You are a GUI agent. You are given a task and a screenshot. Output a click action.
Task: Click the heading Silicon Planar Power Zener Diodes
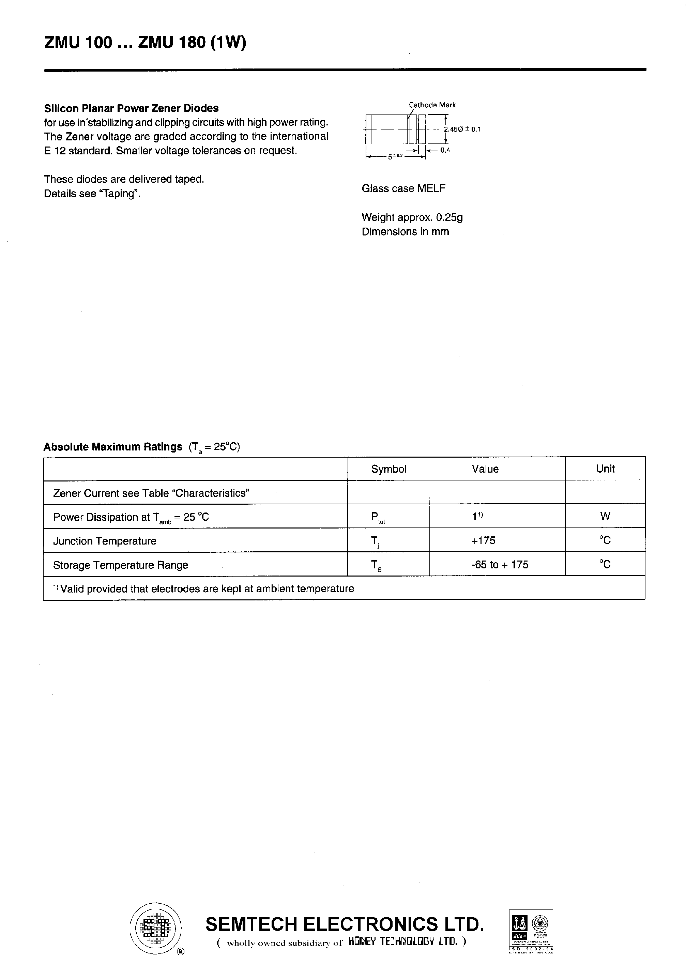(131, 108)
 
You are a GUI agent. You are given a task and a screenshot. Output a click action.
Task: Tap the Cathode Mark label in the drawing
(432, 105)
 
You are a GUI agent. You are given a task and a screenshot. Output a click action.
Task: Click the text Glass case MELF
(403, 188)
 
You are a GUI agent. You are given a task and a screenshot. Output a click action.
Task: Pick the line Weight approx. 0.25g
(412, 217)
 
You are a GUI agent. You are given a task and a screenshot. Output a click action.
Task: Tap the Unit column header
(605, 469)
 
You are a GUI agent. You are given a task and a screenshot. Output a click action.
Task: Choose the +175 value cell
(483, 540)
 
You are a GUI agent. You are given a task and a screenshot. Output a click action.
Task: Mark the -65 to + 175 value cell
(500, 565)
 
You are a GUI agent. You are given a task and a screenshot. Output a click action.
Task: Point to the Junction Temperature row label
(105, 541)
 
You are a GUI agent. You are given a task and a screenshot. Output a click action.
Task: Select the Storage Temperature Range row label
(120, 565)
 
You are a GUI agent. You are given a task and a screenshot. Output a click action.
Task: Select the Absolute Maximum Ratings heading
(113, 447)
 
